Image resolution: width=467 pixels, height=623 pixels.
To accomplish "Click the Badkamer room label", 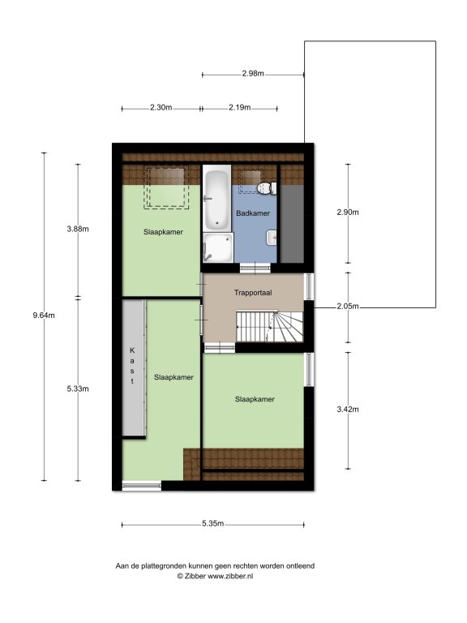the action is [253, 213].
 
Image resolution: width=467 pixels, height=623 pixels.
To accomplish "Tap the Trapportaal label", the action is [253, 293].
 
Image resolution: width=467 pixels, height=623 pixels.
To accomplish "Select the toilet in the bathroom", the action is [267, 188].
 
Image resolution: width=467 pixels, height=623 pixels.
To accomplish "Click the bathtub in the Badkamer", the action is [216, 197].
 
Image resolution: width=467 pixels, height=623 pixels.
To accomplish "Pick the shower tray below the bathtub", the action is [218, 247].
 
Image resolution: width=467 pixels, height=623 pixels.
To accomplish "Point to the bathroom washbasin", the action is [272, 238].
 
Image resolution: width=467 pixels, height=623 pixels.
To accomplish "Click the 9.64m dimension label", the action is [44, 316].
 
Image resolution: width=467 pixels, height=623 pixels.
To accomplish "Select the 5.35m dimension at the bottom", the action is [213, 523].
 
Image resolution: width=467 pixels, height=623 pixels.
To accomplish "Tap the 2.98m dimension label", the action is [253, 74].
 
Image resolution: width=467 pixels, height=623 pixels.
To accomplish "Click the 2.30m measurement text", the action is [161, 107].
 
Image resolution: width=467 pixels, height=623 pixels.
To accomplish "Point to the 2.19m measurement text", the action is [239, 107].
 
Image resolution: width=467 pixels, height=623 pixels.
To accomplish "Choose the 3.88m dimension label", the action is [78, 229].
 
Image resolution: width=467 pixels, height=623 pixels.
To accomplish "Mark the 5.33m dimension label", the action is [78, 389].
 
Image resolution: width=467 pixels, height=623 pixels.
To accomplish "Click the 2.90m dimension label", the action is [348, 213].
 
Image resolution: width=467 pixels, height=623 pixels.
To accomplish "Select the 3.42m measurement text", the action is [348, 409].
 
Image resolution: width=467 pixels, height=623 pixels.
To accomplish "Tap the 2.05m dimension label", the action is [348, 307].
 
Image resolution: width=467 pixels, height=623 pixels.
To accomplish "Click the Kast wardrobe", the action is [134, 367].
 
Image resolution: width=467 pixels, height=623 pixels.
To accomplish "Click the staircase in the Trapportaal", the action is [270, 327].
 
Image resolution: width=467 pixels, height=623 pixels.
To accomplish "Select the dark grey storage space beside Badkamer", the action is [292, 223].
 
